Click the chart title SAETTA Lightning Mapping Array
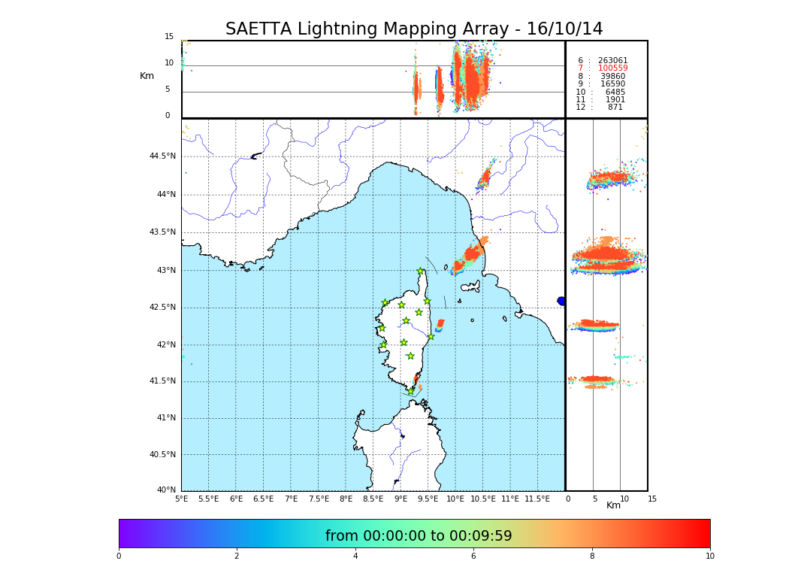[414, 29]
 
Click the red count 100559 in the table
[612, 68]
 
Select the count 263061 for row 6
[612, 61]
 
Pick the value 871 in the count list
[615, 108]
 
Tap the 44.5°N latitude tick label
[162, 156]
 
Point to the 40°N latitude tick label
[166, 490]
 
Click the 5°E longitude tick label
[181, 499]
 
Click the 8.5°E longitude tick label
[373, 499]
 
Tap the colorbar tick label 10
[709, 556]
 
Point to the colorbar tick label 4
[355, 556]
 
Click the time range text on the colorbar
[419, 536]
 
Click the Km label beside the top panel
[147, 76]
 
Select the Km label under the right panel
[613, 505]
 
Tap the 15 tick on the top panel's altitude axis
[169, 37]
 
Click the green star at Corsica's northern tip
[421, 271]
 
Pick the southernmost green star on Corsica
[410, 391]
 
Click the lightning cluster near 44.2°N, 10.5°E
[484, 178]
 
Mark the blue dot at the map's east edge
[561, 301]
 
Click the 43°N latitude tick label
[166, 270]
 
